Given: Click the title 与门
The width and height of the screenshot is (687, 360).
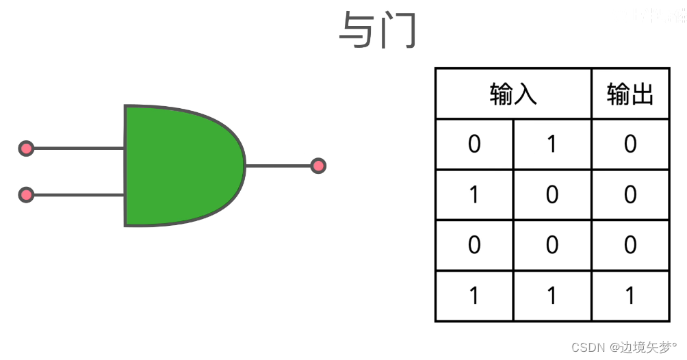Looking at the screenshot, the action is click(x=377, y=31).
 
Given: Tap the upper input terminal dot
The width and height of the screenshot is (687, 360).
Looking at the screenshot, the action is click(x=26, y=148).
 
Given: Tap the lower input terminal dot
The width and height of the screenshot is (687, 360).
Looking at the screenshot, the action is click(x=26, y=195).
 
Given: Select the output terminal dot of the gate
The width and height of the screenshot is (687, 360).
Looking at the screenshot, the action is click(x=317, y=166).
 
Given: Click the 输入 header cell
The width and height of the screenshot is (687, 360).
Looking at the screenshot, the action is click(x=513, y=94).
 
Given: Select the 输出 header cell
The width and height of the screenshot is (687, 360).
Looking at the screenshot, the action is click(x=630, y=94).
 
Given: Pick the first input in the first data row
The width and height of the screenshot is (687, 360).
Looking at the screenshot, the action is click(x=474, y=144).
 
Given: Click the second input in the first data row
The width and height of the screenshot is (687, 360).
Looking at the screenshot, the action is click(x=552, y=144).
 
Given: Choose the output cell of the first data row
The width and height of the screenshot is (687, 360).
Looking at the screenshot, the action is click(x=630, y=144).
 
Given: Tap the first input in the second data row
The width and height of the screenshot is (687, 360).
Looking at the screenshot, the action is click(x=474, y=195).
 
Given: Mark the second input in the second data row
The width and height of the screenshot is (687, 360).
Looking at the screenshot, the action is click(x=552, y=195).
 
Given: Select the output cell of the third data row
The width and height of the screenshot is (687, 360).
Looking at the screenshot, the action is click(x=630, y=245).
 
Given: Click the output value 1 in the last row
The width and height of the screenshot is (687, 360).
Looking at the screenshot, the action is click(x=630, y=296).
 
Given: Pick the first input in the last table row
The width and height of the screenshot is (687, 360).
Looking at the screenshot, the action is click(x=474, y=296).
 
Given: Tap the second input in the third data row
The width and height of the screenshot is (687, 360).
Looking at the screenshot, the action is click(x=552, y=245).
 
